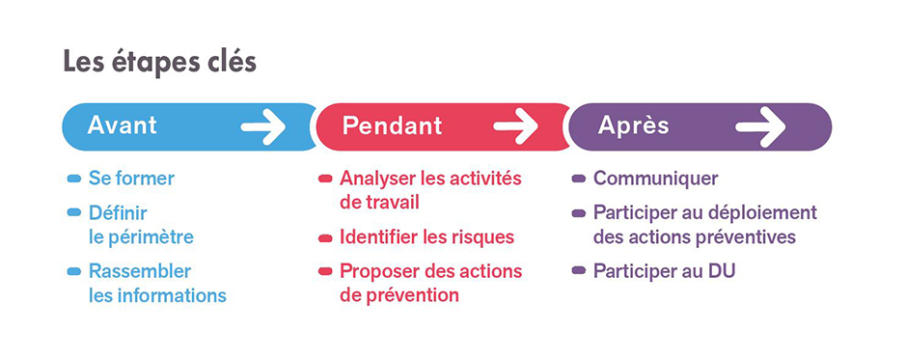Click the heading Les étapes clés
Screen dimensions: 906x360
(159, 63)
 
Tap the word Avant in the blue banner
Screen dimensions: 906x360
(122, 125)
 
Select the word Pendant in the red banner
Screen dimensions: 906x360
(392, 125)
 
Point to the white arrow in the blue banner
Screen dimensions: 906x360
(262, 125)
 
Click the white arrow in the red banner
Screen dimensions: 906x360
(515, 125)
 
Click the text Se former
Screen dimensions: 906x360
(131, 179)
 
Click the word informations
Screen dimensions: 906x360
(170, 295)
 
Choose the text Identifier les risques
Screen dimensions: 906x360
(426, 236)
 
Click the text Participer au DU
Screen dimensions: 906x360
(664, 271)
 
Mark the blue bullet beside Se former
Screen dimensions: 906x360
(74, 180)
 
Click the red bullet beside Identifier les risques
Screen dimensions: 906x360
(325, 237)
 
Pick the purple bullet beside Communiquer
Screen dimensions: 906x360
(579, 180)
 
